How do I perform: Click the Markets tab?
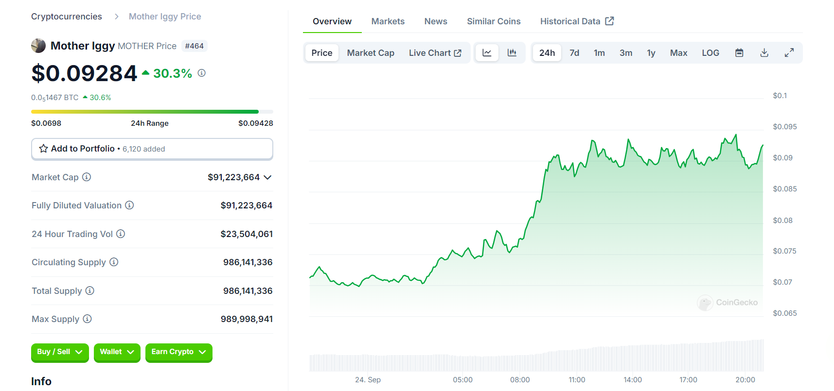[388, 21]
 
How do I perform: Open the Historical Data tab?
[577, 21]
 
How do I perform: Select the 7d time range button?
[574, 53]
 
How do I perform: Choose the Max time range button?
[678, 53]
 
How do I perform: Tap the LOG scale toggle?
[710, 53]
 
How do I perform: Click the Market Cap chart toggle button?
[371, 53]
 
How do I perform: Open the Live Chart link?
[435, 53]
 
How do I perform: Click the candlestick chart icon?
[512, 53]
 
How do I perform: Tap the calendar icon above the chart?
[739, 53]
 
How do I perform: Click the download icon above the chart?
[764, 53]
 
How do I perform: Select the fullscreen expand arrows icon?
[789, 53]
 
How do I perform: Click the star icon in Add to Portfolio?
[44, 149]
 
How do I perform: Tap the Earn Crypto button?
[178, 352]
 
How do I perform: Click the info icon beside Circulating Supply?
[114, 262]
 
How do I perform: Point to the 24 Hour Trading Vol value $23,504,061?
[247, 234]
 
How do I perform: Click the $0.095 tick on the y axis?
[784, 127]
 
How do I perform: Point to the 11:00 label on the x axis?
[577, 380]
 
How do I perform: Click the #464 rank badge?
[194, 46]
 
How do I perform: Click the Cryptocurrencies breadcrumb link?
[67, 17]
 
